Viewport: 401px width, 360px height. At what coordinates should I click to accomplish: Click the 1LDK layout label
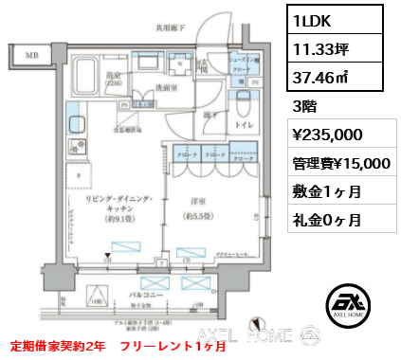[311, 18]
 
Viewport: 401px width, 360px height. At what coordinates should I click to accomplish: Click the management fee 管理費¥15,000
[338, 162]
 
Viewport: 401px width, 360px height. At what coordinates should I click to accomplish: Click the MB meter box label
[31, 56]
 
